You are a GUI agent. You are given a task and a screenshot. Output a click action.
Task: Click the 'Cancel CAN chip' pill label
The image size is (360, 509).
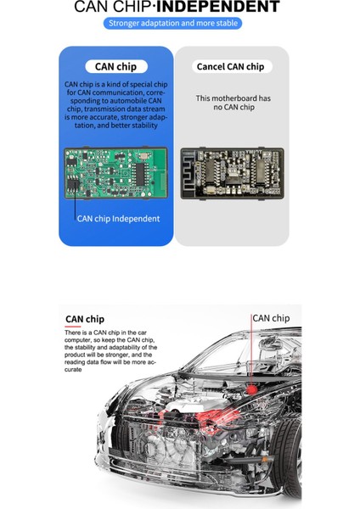[230, 66]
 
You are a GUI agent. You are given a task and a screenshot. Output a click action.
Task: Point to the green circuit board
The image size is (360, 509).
[116, 175]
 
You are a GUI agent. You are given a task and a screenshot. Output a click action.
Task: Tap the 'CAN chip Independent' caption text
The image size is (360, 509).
[117, 219]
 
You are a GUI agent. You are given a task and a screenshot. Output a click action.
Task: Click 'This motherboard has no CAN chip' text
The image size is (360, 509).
[230, 103]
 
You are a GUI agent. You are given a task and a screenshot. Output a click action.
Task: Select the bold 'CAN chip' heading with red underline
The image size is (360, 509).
[85, 321]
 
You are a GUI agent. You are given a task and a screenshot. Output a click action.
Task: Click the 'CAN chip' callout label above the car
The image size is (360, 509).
[271, 318]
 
